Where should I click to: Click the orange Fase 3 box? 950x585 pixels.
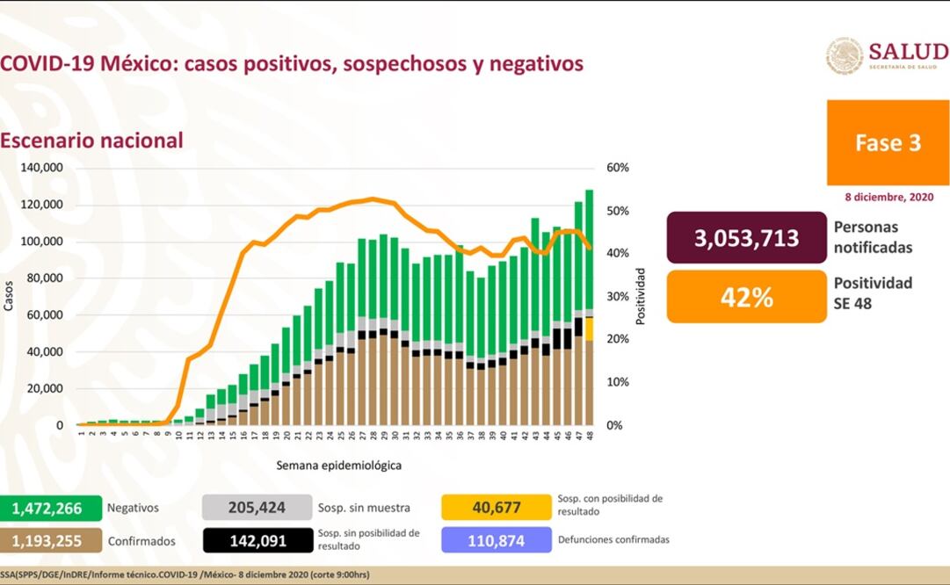tap(888, 142)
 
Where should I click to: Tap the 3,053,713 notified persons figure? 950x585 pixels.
tap(747, 237)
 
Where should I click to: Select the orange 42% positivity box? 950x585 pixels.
tap(747, 297)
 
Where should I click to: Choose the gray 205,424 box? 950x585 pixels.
tap(257, 507)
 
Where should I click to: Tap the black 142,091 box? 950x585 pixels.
tap(257, 540)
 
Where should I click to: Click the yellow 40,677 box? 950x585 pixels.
tap(496, 507)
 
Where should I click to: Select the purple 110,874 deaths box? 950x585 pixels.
tap(496, 540)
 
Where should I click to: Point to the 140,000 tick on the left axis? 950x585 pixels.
tap(42, 168)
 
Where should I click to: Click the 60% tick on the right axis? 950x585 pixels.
tap(617, 168)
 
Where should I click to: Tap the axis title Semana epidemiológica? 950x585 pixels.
tap(338, 466)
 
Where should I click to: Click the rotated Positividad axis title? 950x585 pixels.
tap(641, 296)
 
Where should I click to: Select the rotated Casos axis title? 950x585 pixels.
tap(10, 296)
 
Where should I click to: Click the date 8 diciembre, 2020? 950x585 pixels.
tap(888, 198)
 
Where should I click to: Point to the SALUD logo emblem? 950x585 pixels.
tap(844, 55)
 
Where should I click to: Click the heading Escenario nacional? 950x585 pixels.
tap(92, 141)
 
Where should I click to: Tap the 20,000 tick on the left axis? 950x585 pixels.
tap(45, 388)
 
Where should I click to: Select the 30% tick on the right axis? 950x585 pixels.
tap(617, 296)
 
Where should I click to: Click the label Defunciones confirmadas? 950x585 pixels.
tap(613, 539)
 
